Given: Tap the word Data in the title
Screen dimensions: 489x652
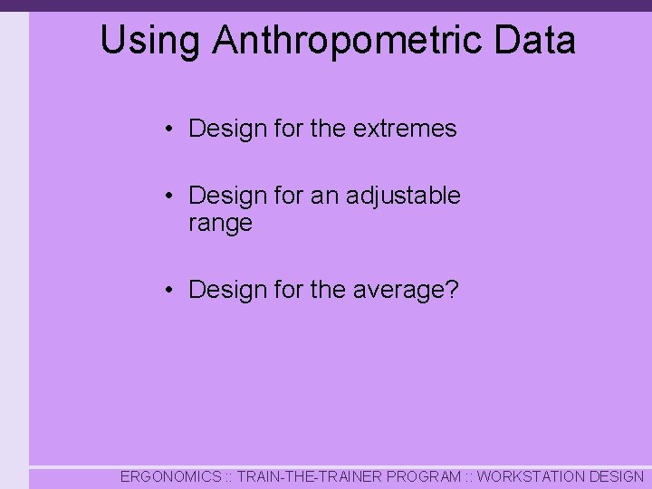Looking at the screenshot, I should coord(534,42).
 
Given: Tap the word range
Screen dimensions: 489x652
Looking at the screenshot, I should coord(220,224).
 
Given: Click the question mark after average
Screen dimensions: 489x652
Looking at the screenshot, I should coord(453,291).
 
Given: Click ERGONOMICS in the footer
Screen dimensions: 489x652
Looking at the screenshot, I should coord(170,476).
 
